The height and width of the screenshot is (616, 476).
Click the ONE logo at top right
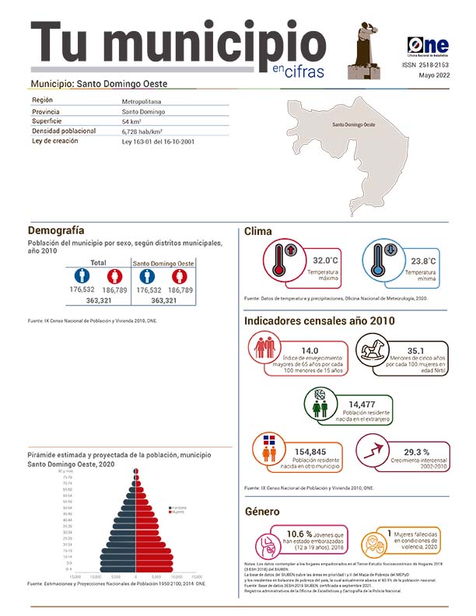point(427,47)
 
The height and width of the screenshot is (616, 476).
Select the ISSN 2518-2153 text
point(427,66)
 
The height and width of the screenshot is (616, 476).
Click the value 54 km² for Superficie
point(131,122)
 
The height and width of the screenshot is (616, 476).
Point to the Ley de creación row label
point(55,142)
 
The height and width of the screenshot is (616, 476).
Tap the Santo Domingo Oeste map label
point(354,125)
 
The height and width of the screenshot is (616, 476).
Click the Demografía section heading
point(56,230)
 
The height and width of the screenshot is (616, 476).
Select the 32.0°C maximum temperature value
point(327,261)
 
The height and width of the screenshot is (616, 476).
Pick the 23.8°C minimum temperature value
point(424,261)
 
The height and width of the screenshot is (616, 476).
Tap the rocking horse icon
point(376,352)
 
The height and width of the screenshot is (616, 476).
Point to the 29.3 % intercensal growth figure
point(417,452)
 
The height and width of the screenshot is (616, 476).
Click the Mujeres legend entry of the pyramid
point(178,513)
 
